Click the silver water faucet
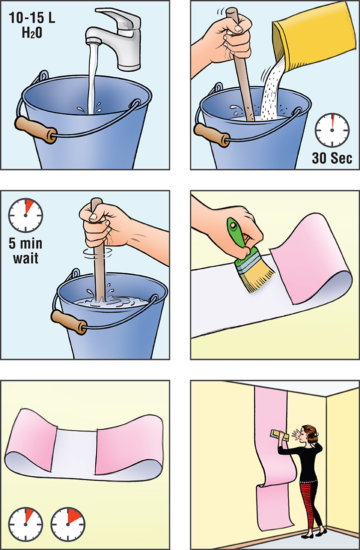coord(116,38)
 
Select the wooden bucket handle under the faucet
coord(36,130)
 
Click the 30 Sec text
coord(332,158)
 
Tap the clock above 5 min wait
coord(25,215)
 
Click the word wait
coord(25,258)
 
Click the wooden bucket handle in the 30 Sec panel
coord(212,136)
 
